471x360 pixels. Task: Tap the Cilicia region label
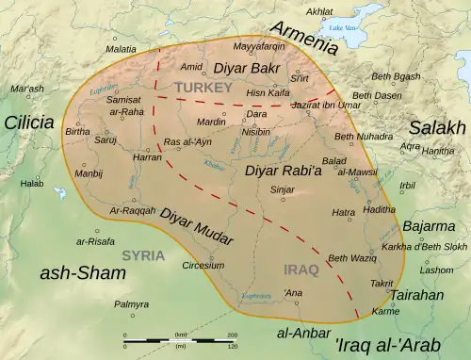(x=32, y=122)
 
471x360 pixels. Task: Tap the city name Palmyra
(x=132, y=304)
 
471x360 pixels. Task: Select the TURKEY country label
(x=195, y=87)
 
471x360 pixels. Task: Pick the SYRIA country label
(x=144, y=255)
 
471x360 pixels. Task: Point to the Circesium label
(x=203, y=266)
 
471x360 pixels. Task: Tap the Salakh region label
(x=436, y=127)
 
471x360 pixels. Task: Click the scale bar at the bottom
(x=179, y=339)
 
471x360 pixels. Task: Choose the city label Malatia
(x=121, y=48)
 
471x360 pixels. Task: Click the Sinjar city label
(x=283, y=189)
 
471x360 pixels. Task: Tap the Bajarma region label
(x=429, y=227)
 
